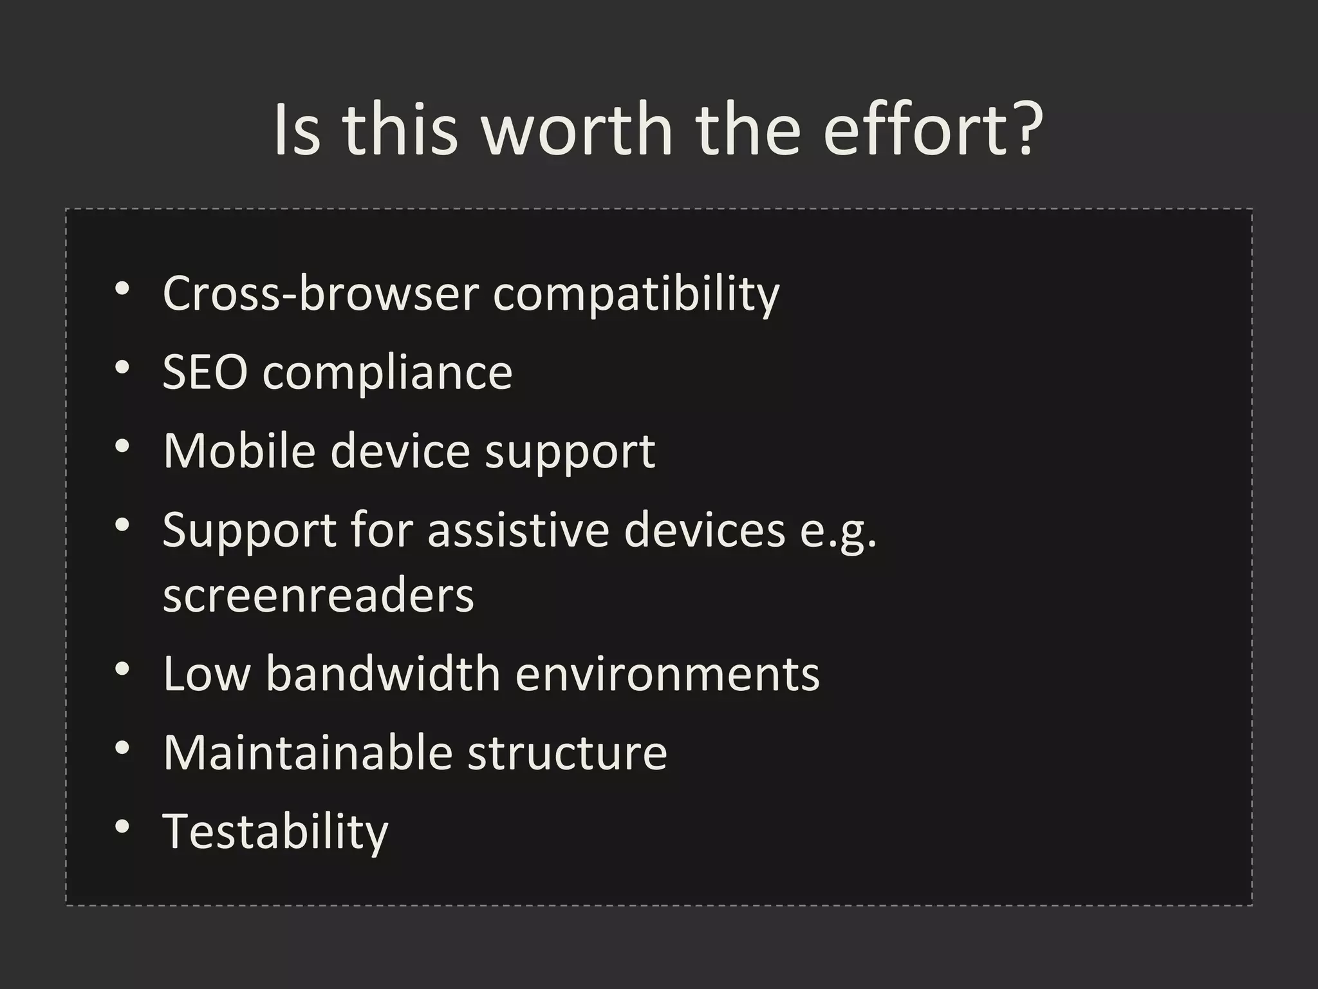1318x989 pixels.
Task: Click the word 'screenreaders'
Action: (x=318, y=595)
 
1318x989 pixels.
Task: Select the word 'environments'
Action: (x=667, y=673)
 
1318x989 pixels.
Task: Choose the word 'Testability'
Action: (x=275, y=832)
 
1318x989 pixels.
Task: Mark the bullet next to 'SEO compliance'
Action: (x=122, y=368)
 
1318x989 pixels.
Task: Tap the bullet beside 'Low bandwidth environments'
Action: (x=122, y=670)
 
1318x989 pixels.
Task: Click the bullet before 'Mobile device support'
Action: (x=122, y=446)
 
